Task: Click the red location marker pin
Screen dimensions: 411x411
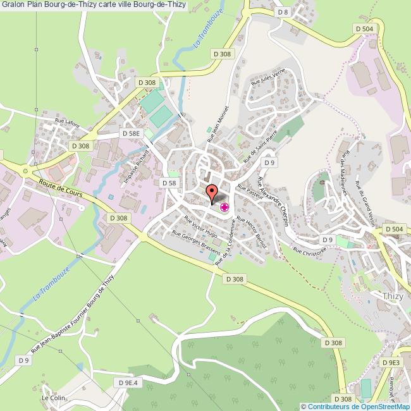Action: (x=212, y=191)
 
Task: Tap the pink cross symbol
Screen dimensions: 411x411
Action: (x=224, y=207)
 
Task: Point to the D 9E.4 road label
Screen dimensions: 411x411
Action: (x=127, y=383)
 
